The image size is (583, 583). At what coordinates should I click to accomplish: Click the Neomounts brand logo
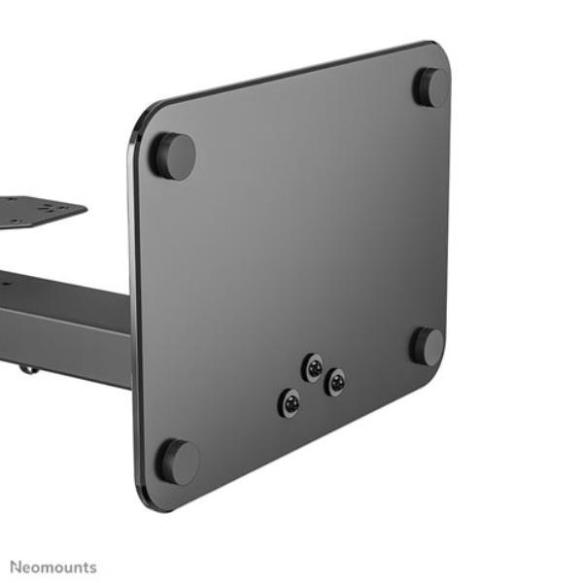53,567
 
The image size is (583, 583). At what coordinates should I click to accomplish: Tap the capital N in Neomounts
16,567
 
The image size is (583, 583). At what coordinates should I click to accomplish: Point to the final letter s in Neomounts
93,568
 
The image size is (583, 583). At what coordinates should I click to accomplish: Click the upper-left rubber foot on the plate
173,156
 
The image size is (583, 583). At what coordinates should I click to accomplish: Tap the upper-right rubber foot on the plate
431,87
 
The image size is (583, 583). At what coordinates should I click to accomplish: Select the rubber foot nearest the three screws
427,347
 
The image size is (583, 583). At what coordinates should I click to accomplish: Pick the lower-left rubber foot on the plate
178,463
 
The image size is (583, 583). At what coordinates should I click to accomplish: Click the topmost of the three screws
312,367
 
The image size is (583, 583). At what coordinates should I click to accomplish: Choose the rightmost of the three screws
334,382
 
